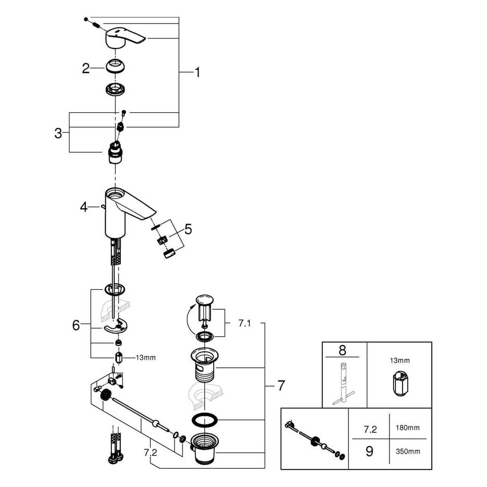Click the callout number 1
[197, 72]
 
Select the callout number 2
[86, 68]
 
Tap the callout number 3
[58, 133]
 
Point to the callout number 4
[84, 207]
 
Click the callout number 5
[188, 229]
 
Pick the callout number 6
[76, 325]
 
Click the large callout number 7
[281, 385]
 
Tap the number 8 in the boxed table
[342, 350]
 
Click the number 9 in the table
[369, 452]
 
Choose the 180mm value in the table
[408, 428]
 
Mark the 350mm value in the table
[408, 451]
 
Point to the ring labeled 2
[116, 67]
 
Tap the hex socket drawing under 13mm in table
[399, 384]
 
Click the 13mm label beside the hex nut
[146, 358]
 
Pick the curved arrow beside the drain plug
[189, 320]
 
